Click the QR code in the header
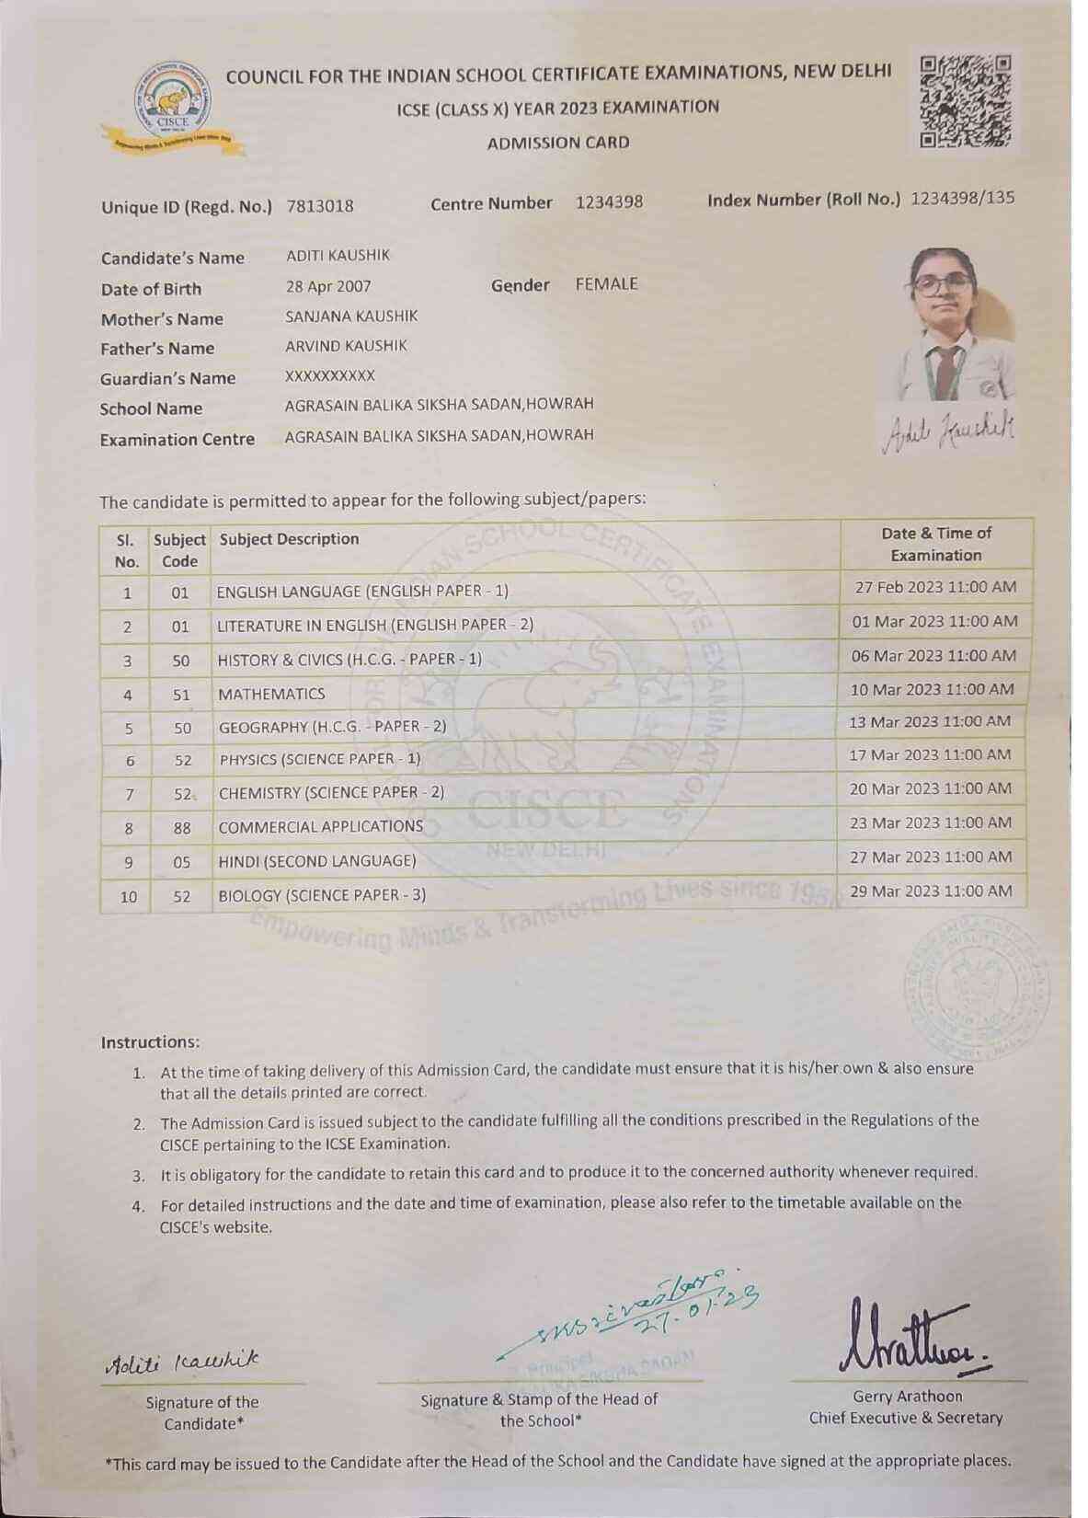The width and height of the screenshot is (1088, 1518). point(965,102)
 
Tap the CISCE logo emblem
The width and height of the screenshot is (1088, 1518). point(173,105)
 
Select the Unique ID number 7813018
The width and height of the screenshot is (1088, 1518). point(320,206)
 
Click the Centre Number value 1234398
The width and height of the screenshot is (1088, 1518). point(609,202)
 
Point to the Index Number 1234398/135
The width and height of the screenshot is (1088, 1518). point(962,199)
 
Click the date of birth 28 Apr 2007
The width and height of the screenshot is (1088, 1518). point(328,286)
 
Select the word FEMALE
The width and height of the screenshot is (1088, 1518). point(606,284)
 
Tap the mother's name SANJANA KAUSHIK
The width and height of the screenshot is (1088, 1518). point(351,316)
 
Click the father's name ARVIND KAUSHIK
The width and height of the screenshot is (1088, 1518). point(346,346)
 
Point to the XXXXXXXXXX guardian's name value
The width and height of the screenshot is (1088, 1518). point(330,375)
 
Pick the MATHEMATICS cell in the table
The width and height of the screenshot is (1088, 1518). point(271,694)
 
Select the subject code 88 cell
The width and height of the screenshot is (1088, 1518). point(182,828)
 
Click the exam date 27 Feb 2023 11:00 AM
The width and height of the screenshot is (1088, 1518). point(935,587)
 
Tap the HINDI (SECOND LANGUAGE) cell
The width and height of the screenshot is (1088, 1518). point(317,861)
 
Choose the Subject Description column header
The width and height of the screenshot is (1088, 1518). point(289,539)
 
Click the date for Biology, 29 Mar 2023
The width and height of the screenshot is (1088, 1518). point(932,891)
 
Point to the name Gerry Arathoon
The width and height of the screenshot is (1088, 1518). point(906,1396)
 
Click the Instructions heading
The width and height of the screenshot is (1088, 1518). point(150,1042)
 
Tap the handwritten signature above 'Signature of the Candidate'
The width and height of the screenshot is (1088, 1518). point(181,1360)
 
